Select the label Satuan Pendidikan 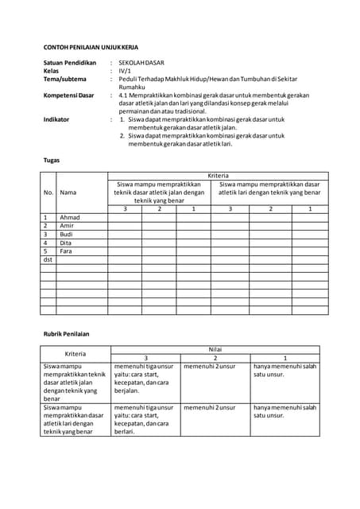[x=69, y=62]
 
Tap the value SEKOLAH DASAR [x=143, y=62]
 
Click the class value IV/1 [x=124, y=71]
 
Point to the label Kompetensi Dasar [x=69, y=95]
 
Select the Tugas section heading [x=51, y=160]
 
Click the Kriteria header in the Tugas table [x=218, y=175]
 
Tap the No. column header [x=48, y=192]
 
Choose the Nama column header [x=68, y=192]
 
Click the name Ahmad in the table [x=70, y=217]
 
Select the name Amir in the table [x=68, y=226]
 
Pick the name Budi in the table [x=67, y=235]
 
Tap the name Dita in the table [x=67, y=243]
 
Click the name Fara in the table [x=67, y=251]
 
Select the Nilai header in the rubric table [x=215, y=349]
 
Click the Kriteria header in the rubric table [x=75, y=353]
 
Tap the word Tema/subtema [x=65, y=79]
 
